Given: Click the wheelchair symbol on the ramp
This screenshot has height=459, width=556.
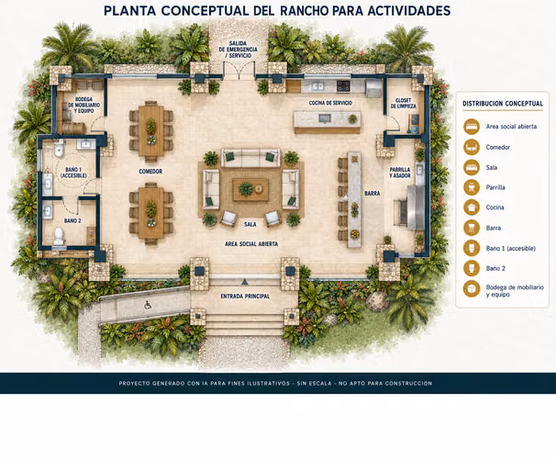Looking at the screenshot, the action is point(148,305).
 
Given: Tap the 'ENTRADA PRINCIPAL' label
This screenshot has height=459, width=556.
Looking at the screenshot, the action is point(245,297).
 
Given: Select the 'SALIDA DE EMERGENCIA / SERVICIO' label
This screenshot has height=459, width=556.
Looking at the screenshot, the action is point(238,50).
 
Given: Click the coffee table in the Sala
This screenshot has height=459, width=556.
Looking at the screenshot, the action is point(250,189).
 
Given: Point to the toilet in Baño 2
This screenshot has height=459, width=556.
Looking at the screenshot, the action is point(59,236).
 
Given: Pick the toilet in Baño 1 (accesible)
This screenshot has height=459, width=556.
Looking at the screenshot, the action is point(59,149).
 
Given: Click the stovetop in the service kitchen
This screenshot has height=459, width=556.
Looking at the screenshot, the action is point(343,85).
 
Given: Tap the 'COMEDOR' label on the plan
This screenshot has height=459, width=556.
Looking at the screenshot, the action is point(150,172).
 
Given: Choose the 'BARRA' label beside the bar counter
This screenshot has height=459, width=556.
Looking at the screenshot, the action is point(372,194).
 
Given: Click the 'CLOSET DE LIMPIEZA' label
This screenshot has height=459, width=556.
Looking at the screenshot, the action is point(403,103).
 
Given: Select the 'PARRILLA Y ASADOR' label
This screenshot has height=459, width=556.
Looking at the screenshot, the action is point(400,173).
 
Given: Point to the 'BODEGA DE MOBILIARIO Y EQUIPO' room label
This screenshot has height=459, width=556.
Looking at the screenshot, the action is point(84,105).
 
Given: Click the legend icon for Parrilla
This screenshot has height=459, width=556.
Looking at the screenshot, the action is point(472,187).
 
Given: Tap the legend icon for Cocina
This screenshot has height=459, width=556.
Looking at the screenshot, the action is point(472,207).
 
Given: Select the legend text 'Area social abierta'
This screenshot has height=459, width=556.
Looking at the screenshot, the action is point(511,127).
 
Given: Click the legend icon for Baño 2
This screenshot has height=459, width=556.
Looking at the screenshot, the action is point(472,268).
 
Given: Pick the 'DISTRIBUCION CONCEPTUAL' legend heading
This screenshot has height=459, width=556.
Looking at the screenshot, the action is point(503,104).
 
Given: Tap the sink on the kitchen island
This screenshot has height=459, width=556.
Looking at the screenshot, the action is point(324,118).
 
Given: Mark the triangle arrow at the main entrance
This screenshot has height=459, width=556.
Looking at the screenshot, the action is point(244,283).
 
